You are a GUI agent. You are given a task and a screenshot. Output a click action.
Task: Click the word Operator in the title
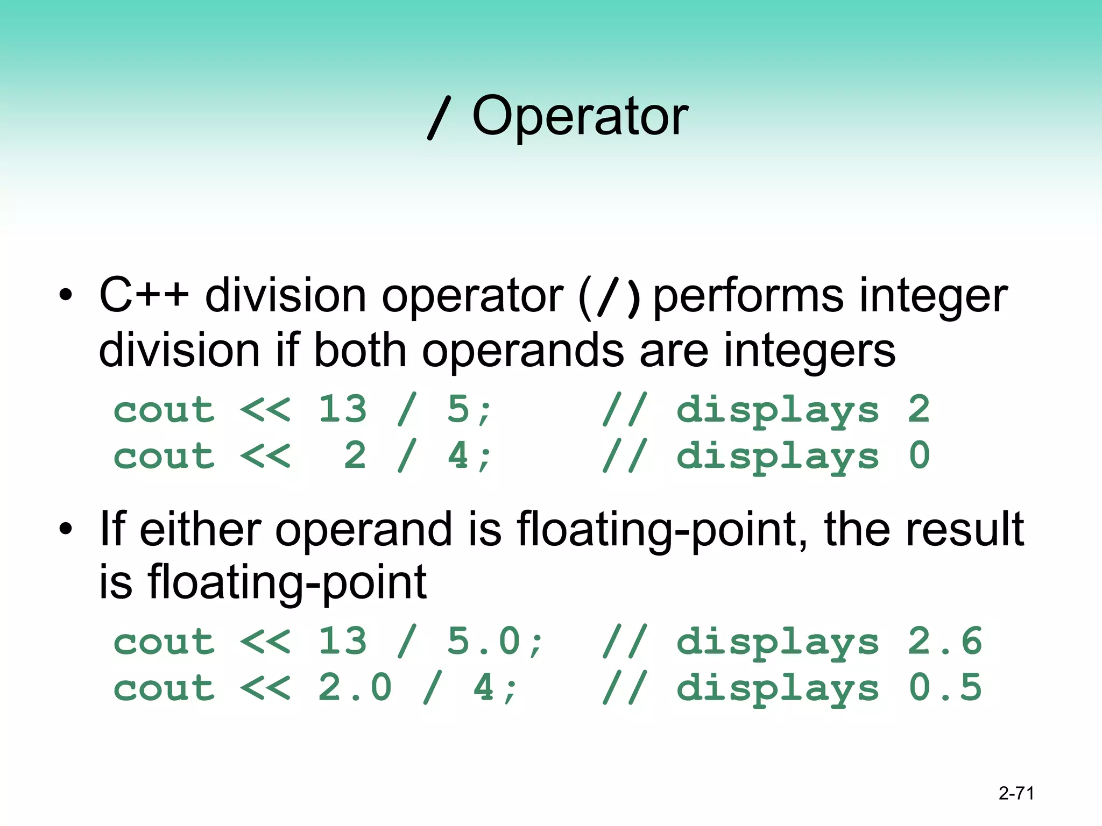[x=580, y=116]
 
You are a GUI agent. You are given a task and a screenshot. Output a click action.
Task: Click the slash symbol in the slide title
[x=440, y=117]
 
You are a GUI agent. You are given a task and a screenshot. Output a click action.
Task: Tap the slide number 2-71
[x=1016, y=793]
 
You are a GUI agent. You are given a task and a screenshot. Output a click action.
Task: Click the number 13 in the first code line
[x=343, y=409]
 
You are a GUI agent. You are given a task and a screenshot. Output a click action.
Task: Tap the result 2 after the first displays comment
[x=919, y=409]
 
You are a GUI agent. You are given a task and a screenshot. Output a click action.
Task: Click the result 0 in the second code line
[x=919, y=455]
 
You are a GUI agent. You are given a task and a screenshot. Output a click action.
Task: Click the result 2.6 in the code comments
[x=945, y=641]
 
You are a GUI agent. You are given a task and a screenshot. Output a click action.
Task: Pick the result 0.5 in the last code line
[x=945, y=687]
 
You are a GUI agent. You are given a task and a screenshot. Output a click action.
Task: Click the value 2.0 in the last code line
[x=355, y=687]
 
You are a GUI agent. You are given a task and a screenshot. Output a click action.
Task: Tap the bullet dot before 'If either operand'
[x=66, y=529]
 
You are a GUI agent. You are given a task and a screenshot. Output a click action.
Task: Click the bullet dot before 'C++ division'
[x=66, y=295]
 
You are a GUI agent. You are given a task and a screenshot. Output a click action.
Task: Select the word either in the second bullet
[x=200, y=529]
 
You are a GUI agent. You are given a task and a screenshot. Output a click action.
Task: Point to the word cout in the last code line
[x=164, y=688]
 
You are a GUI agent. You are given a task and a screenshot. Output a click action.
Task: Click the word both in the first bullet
[x=359, y=351]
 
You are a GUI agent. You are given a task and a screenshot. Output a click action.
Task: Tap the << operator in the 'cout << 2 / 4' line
[x=265, y=456]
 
